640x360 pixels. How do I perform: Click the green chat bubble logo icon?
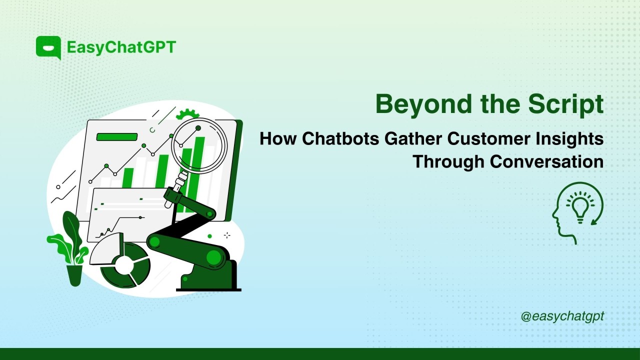[48, 48]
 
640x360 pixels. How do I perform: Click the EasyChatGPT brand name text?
[121, 47]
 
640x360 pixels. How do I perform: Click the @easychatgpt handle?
[562, 316]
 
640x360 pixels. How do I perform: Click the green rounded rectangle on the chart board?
[116, 137]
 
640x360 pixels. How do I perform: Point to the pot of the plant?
[74, 275]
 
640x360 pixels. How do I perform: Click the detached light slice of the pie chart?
[107, 249]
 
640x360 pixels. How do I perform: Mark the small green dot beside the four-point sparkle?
[209, 236]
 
